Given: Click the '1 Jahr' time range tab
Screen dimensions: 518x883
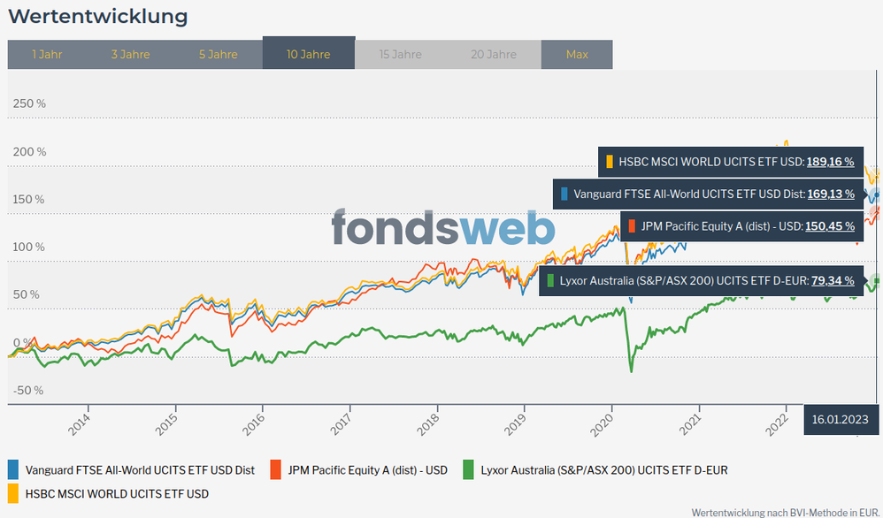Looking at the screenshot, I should point(47,55).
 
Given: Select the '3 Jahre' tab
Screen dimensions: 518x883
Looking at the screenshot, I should point(130,55).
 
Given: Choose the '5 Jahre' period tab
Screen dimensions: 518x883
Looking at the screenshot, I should point(218,55).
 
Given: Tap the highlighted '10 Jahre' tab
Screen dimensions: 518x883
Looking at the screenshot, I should point(308,55).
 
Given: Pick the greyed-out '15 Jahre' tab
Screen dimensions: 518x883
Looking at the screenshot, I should point(400,55).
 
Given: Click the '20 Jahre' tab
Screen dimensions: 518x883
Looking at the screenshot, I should point(494,55).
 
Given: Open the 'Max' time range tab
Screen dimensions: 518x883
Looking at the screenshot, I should point(577,55).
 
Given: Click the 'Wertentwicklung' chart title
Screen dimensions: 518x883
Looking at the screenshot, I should point(97,16).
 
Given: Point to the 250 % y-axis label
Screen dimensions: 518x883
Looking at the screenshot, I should point(29,103).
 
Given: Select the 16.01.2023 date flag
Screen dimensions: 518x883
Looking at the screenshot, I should point(840,420).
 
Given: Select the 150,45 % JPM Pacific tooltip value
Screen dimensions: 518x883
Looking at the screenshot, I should point(829,226).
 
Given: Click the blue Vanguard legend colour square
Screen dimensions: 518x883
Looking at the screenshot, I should point(13,470).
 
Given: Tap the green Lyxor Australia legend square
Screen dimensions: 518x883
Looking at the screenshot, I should point(469,470).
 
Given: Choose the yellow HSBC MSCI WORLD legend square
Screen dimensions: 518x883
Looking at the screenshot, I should point(13,493).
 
